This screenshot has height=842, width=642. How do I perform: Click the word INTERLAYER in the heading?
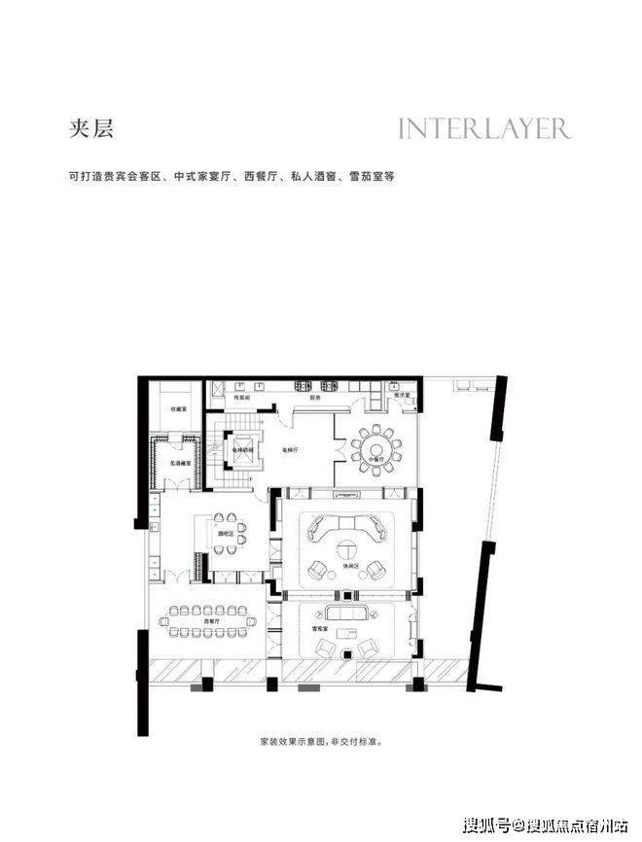click(484, 128)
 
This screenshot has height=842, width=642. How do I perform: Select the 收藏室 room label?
click(180, 409)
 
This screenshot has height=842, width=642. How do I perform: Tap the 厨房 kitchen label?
click(315, 398)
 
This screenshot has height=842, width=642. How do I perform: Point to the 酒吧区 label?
click(225, 534)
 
